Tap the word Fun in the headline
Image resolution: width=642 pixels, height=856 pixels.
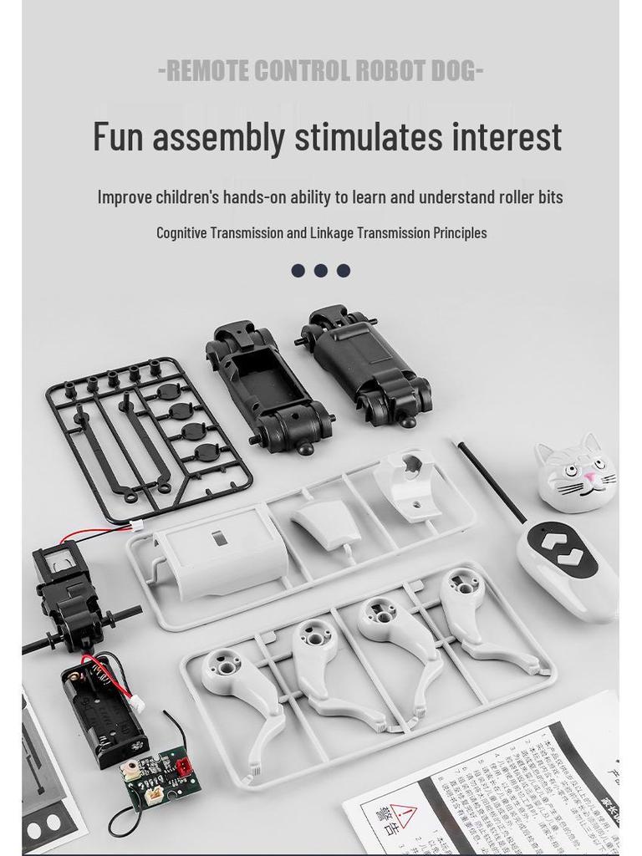(x=118, y=137)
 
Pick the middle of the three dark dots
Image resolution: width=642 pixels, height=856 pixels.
(x=321, y=270)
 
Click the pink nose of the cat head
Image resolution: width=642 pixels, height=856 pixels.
(x=590, y=478)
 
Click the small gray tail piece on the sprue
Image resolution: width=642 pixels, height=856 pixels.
(x=326, y=523)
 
